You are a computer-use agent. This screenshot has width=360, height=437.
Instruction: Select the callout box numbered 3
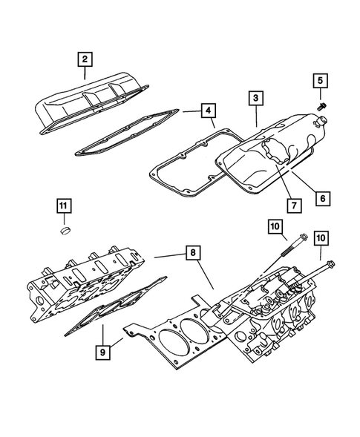point(255,98)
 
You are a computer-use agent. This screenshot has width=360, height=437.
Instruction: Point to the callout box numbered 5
point(321,81)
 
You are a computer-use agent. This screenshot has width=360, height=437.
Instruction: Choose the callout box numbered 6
point(323,198)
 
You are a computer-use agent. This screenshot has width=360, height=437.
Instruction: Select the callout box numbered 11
point(64,206)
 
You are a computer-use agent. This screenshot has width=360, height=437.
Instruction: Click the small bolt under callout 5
point(321,106)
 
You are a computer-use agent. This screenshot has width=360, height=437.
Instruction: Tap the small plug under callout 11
point(65,233)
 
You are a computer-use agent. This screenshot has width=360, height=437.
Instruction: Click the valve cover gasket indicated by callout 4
point(126,137)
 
